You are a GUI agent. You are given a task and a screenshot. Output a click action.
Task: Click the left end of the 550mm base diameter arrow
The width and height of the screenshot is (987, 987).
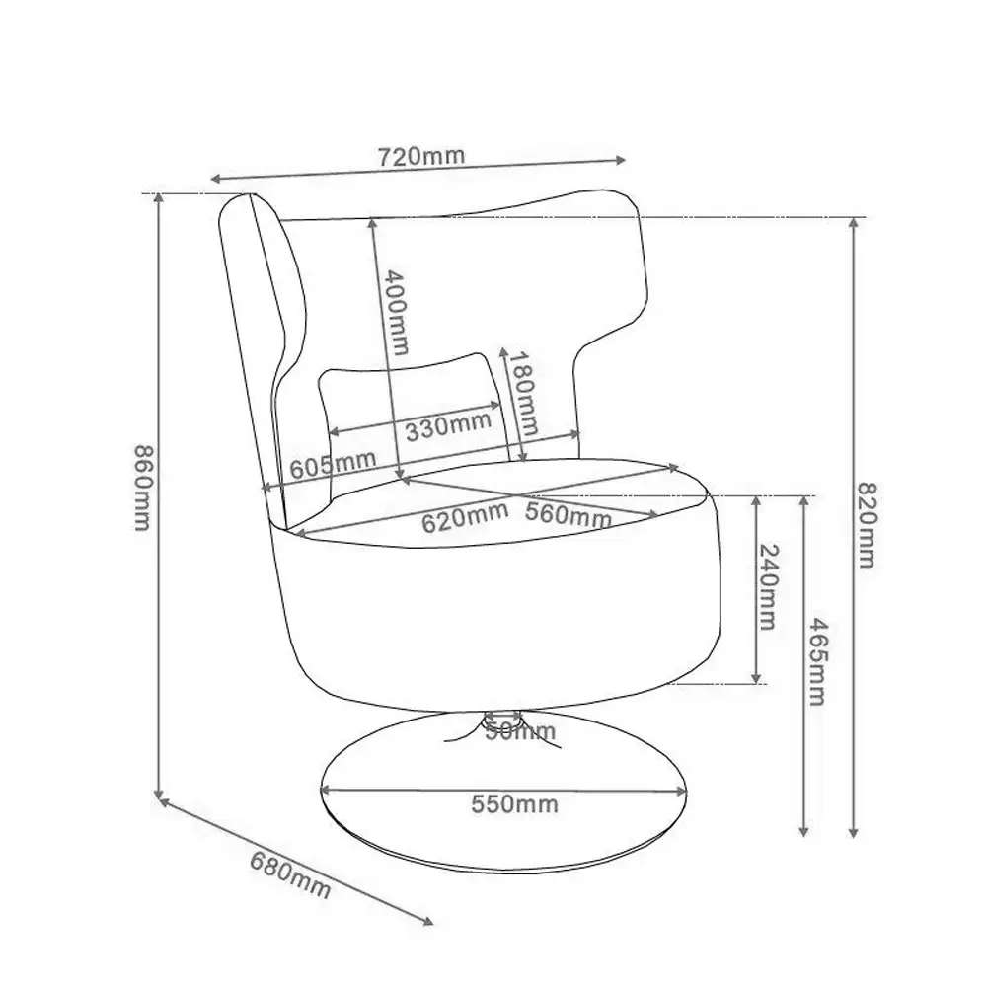[x=322, y=789]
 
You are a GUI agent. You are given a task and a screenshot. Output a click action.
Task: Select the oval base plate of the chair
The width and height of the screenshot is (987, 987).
[x=503, y=792]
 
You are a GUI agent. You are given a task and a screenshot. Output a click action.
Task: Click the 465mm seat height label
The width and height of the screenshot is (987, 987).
[x=817, y=661]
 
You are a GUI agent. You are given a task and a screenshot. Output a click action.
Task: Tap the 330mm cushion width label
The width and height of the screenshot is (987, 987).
[x=448, y=427]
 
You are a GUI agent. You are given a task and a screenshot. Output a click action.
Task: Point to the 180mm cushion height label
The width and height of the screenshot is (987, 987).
[x=522, y=394]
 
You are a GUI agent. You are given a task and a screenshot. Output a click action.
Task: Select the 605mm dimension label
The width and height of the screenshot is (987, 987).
[x=333, y=465]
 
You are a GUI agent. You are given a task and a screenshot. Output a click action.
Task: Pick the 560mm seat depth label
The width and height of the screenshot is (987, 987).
[x=569, y=515]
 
